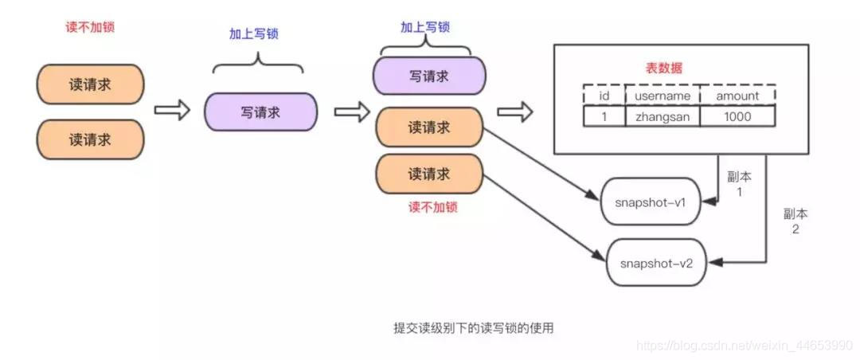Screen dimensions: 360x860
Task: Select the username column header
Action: click(x=661, y=96)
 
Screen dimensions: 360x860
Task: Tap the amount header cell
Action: click(x=737, y=96)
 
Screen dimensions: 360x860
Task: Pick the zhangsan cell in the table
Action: click(x=661, y=116)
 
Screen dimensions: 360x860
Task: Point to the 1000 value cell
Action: click(x=737, y=116)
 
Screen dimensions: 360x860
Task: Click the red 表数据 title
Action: click(x=667, y=69)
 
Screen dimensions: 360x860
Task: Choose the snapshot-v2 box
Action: click(x=657, y=261)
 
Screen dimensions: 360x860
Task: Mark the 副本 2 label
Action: click(x=795, y=221)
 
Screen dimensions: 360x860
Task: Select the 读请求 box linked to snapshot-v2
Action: click(x=428, y=174)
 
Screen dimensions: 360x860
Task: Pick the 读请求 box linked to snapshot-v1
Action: click(x=428, y=127)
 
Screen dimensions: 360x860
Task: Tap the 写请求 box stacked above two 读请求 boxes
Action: click(x=429, y=76)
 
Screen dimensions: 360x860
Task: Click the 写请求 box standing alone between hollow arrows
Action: click(x=260, y=112)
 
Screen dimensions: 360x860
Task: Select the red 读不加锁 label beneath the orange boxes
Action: click(x=432, y=207)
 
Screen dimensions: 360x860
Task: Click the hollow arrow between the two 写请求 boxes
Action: click(x=346, y=112)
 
